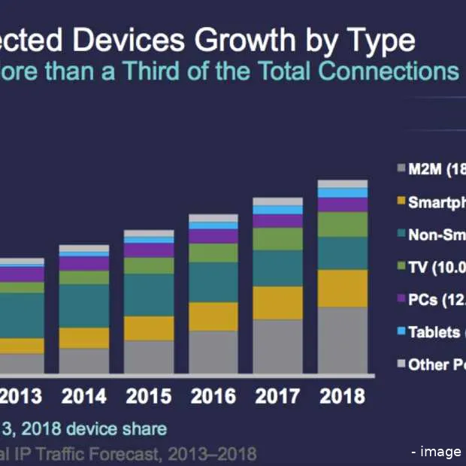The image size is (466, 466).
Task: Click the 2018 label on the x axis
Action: pos(343,397)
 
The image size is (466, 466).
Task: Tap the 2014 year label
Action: pos(83,397)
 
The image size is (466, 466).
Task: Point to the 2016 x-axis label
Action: pos(213,397)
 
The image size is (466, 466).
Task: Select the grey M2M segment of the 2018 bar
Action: pos(343,340)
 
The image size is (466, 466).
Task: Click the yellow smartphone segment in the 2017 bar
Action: pos(277,302)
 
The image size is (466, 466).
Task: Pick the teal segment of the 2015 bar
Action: pos(148,295)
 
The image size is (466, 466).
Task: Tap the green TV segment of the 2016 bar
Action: pos(213,253)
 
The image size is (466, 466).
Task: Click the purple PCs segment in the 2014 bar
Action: pos(83,264)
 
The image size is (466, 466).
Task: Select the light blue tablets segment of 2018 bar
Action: pos(343,192)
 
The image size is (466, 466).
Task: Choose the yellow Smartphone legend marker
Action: pos(400,201)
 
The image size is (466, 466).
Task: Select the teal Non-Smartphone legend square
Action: pos(400,234)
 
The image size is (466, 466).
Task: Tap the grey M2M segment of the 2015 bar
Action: pos(148,357)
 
